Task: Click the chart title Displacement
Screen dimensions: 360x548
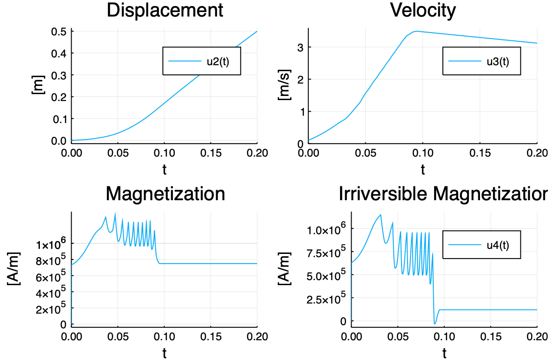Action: [x=165, y=11]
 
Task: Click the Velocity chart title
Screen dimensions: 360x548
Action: [x=423, y=11]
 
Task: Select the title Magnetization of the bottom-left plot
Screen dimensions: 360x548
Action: [x=165, y=194]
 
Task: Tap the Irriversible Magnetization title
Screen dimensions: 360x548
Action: [x=443, y=194]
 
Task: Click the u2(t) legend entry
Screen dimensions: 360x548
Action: [x=218, y=61]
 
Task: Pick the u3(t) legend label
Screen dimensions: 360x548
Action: [x=498, y=61]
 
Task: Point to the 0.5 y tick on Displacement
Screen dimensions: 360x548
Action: [x=60, y=31]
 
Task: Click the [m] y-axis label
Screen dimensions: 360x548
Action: [x=37, y=85]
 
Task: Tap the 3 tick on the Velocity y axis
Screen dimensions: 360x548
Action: [x=299, y=47]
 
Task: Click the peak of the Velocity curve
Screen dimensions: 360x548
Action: [x=416, y=31]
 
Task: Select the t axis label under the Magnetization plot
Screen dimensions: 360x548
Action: [x=164, y=353]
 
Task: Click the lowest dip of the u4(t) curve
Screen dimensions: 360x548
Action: [x=435, y=324]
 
